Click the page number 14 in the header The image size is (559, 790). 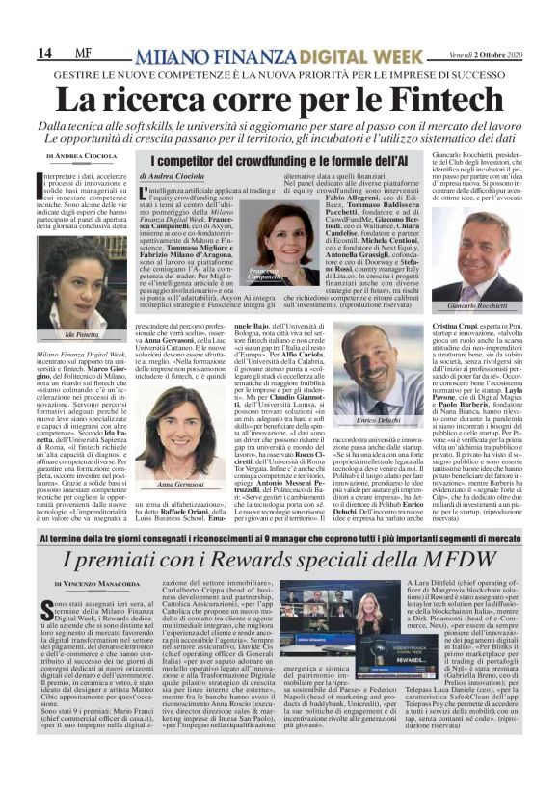pyautogui.click(x=45, y=52)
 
